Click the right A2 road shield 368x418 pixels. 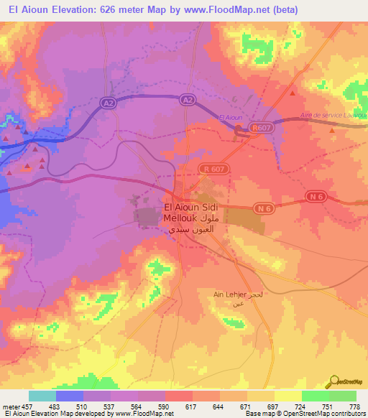tap(188, 100)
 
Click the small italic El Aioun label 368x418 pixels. tap(231, 117)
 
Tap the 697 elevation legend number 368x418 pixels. tap(272, 407)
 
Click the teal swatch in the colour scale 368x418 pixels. tap(42, 396)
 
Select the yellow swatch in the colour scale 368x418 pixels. tap(288, 396)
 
